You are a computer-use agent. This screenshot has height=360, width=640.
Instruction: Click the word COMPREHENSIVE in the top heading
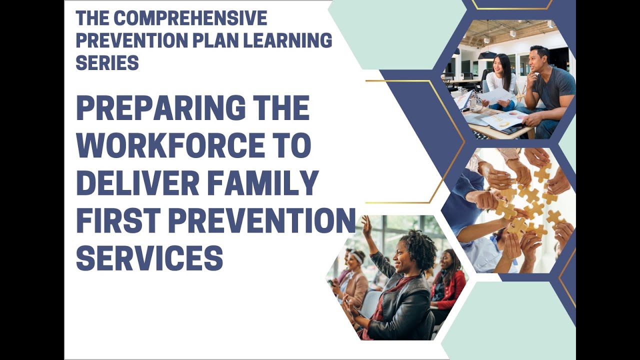click(x=190, y=18)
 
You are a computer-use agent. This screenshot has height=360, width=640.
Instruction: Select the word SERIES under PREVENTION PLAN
click(x=107, y=62)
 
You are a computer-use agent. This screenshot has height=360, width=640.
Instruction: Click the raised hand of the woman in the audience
click(x=366, y=226)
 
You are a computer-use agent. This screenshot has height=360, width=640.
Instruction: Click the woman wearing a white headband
click(x=356, y=270)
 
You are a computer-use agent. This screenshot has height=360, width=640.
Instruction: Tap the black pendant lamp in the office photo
click(x=486, y=54)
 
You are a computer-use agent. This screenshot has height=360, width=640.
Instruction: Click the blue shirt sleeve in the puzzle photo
click(x=457, y=200)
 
